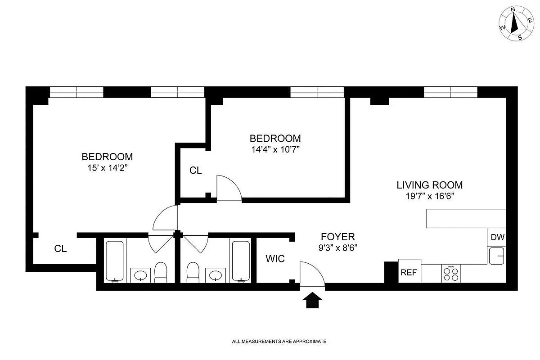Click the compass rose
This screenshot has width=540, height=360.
(514, 24)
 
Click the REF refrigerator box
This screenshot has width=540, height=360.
(409, 272)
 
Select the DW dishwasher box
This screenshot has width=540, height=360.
(497, 237)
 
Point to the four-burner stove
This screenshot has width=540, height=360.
(451, 274)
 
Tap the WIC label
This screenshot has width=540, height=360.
(274, 259)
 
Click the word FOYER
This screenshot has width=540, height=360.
(337, 237)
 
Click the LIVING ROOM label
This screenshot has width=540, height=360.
(429, 184)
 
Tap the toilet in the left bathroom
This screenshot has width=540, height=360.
(161, 273)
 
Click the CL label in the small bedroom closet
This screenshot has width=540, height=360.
(195, 171)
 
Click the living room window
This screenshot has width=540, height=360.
(450, 92)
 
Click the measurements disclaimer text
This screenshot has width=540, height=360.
(279, 342)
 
